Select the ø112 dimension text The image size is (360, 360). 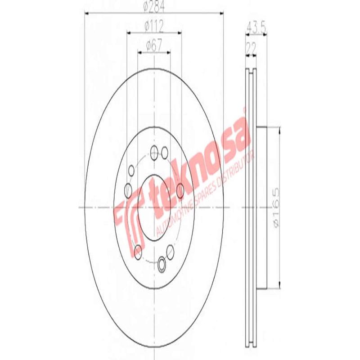point(154,27)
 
